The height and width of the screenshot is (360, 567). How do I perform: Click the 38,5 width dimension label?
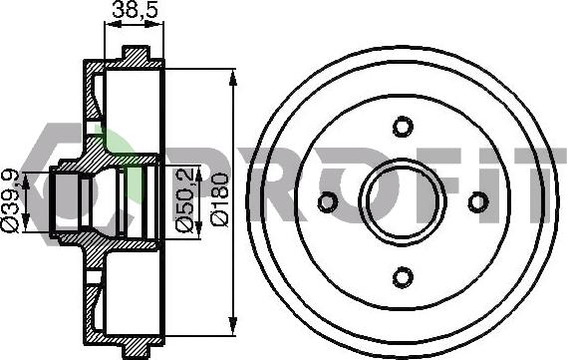coord(136,9)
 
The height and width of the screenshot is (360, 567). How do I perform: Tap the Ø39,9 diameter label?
coord(10,200)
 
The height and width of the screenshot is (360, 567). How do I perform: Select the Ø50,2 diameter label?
coord(184,199)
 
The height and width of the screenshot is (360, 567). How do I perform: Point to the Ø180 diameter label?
coord(219,199)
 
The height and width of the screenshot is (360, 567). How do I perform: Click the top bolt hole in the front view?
coord(403,127)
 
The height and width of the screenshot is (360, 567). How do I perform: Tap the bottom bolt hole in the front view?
coord(403,277)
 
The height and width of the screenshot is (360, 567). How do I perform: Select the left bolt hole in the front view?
coord(328,201)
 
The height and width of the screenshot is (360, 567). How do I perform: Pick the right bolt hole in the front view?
coord(478,201)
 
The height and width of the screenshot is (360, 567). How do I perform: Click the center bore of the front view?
coord(403,201)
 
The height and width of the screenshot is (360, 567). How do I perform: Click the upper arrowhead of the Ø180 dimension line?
coord(233,79)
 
